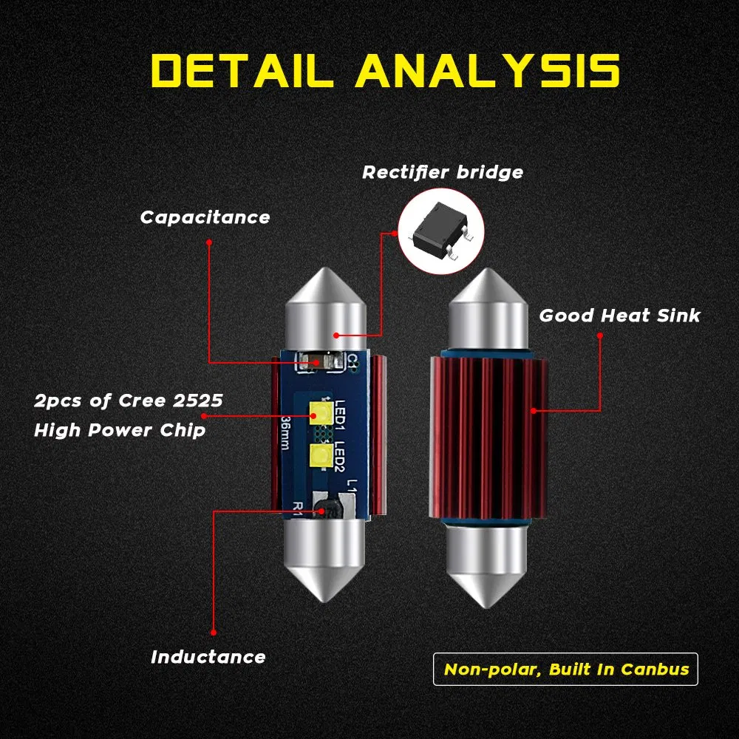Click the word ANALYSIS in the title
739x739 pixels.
coord(488,71)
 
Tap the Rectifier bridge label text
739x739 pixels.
coord(442,173)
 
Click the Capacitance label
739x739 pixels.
coord(205,217)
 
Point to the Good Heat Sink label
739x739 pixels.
coord(619,316)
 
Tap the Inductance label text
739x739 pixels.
coord(208,656)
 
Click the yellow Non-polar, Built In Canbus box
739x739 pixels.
coord(566,670)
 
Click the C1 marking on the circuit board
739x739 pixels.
coord(353,361)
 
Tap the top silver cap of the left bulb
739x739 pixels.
coord(324,307)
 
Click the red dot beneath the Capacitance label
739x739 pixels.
coord(209,242)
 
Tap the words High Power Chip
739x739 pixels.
coord(120,430)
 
